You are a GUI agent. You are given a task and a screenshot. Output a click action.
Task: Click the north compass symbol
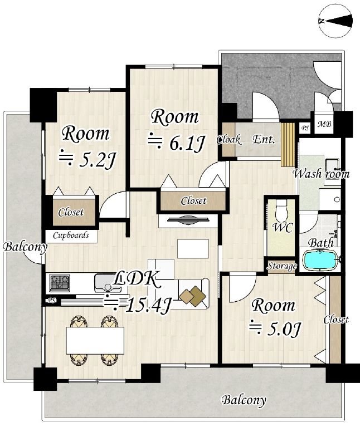tap(335, 21)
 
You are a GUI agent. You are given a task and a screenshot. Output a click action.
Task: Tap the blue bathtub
tap(320, 261)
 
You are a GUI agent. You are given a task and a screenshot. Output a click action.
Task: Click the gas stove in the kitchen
tap(60, 283)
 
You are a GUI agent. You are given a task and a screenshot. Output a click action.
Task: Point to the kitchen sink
tap(108, 283)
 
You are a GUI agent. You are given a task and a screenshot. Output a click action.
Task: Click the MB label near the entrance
tap(324, 124)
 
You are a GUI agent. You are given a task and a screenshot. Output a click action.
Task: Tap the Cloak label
tap(228, 140)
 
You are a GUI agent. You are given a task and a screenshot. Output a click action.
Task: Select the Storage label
tap(282, 266)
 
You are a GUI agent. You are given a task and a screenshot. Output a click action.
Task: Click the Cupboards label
tap(71, 235)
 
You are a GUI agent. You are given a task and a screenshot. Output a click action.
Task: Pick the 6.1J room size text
tap(176, 142)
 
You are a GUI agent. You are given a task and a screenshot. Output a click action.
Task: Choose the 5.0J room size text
tap(275, 328)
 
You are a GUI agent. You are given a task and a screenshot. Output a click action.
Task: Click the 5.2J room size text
tap(87, 159)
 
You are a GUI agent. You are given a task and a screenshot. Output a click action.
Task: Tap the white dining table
tap(95, 340)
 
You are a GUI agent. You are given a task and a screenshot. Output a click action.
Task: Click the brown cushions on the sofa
tap(193, 296)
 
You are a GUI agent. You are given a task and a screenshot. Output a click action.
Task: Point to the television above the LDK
tap(188, 220)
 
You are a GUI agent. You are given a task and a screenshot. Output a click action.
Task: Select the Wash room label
tap(321, 174)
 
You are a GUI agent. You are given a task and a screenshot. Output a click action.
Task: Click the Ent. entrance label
tap(264, 139)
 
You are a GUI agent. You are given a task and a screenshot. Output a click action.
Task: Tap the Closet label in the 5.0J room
tap(336, 319)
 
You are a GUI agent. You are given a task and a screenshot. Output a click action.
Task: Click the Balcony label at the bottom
tap(244, 400)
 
